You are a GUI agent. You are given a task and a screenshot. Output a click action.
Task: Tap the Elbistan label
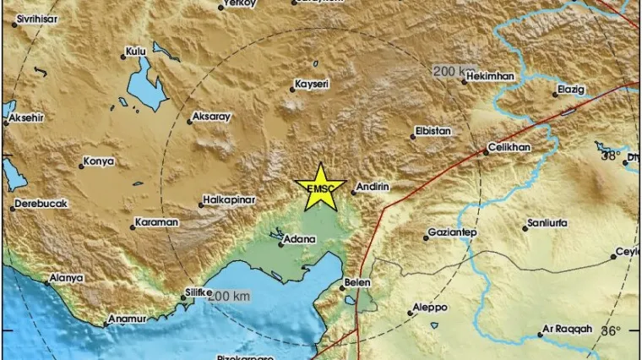(x=433, y=131)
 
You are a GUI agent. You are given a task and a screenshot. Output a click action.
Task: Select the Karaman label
(x=156, y=223)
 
